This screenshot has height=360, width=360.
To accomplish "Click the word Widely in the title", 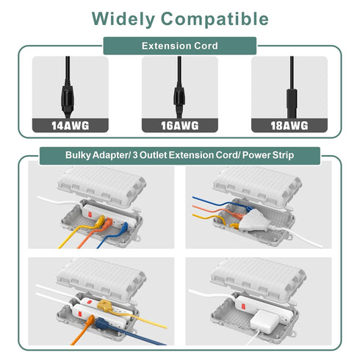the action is pyautogui.click(x=123, y=19).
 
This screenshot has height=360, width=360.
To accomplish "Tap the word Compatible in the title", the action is pyautogui.click(x=215, y=19).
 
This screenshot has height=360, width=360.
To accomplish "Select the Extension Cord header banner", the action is pyautogui.click(x=180, y=46).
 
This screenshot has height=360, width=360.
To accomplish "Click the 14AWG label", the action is pyautogui.click(x=71, y=126).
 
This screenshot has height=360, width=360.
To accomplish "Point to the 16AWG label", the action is pyautogui.click(x=180, y=126).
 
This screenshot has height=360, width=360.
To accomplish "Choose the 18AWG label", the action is pyautogui.click(x=289, y=126).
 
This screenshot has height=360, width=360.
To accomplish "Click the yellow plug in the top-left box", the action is pyautogui.click(x=100, y=221).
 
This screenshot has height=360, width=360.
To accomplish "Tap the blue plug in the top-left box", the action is pyautogui.click(x=124, y=228).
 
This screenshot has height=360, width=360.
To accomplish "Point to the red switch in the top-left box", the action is pyautogui.click(x=90, y=215).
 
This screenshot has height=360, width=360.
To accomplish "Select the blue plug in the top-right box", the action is pyautogui.click(x=249, y=209).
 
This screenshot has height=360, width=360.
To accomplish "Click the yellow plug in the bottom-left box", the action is pyautogui.click(x=105, y=306).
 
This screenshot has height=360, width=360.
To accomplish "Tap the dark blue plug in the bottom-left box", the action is pyautogui.click(x=101, y=323).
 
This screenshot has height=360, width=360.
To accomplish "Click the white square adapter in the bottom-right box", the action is pyautogui.click(x=264, y=322).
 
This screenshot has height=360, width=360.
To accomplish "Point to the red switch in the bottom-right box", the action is pyautogui.click(x=243, y=306).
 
